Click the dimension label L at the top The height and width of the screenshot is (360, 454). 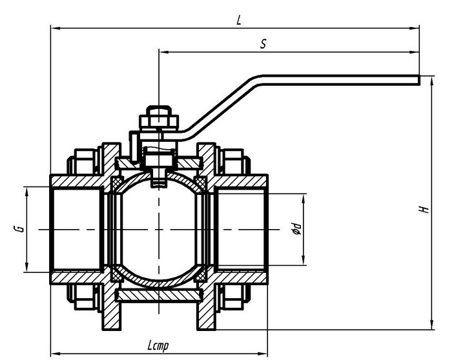point(238,20)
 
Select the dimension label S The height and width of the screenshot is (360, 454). point(263,44)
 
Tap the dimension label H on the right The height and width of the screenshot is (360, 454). point(424,209)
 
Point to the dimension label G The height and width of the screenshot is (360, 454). point(19,229)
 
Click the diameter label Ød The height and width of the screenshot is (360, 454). point(297,228)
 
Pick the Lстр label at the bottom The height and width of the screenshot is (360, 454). point(158,345)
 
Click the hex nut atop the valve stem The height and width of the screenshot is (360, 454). point(159,121)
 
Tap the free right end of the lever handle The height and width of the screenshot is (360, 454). point(418,80)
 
